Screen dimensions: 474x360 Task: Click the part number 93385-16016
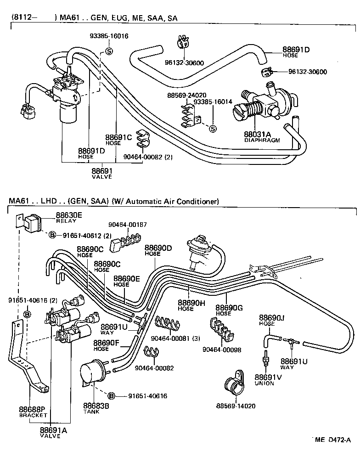pos(109,36)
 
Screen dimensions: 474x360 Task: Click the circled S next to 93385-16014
pos(213,128)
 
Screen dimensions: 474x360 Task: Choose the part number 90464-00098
pos(222,350)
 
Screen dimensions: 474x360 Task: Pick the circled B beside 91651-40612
pos(52,235)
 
